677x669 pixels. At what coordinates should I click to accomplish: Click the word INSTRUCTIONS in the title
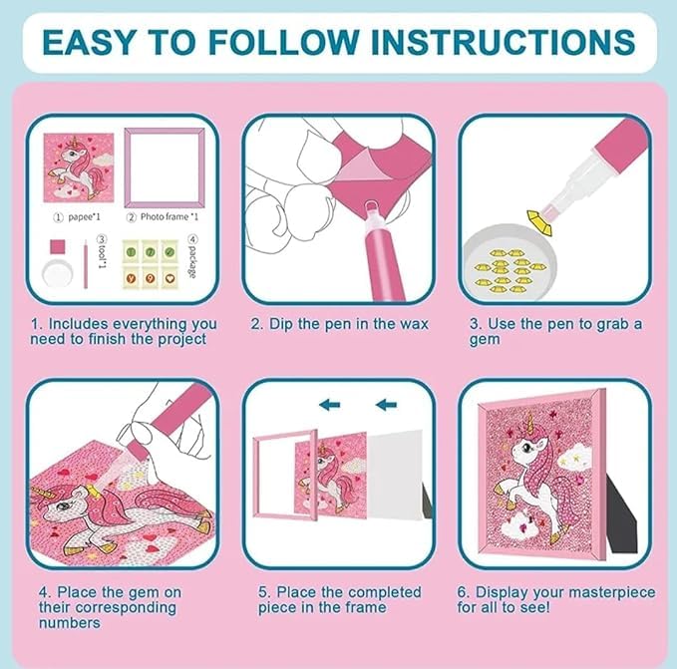(503, 42)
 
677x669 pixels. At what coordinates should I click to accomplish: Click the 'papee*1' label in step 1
(84, 216)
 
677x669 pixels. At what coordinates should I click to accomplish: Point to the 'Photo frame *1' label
(169, 216)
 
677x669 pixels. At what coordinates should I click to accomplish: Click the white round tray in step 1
(58, 273)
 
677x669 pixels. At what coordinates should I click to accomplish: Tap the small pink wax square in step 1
(58, 247)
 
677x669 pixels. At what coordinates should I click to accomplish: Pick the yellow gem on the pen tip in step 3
(540, 222)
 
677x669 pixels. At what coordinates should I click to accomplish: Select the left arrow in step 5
(329, 405)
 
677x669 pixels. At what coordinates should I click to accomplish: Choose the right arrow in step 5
(386, 405)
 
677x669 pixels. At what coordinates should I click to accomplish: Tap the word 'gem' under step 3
(485, 340)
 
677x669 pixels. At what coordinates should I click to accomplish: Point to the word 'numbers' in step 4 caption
(70, 623)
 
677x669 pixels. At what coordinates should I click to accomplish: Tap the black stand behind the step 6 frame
(622, 513)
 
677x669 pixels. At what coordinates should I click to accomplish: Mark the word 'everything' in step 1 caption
(151, 324)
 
